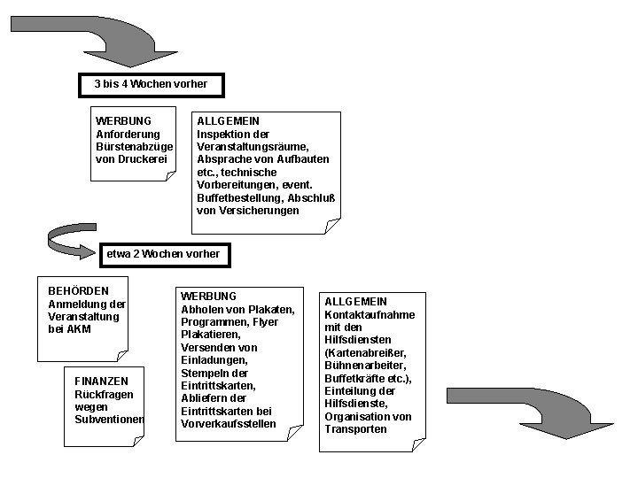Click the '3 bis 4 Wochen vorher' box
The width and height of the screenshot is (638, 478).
[151, 85]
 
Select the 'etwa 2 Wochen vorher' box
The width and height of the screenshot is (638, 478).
[163, 254]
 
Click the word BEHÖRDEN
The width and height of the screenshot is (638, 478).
[79, 290]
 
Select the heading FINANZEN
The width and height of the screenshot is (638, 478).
[102, 381]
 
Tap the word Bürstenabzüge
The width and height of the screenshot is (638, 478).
[134, 146]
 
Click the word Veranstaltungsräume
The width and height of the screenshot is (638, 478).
[253, 146]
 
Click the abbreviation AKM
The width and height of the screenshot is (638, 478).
[79, 329]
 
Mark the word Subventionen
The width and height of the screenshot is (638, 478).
[110, 419]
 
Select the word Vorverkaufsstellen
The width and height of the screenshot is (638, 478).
[229, 424]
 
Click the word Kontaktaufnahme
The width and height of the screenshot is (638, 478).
[370, 314]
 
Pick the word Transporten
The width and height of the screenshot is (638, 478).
[356, 429]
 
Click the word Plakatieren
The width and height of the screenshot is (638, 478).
[209, 335]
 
